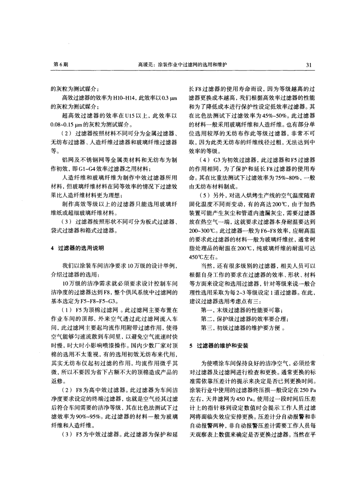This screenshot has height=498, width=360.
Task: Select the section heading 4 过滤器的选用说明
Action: [x=74, y=248]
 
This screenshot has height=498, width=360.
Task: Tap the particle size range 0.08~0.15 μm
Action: [x=63, y=124]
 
